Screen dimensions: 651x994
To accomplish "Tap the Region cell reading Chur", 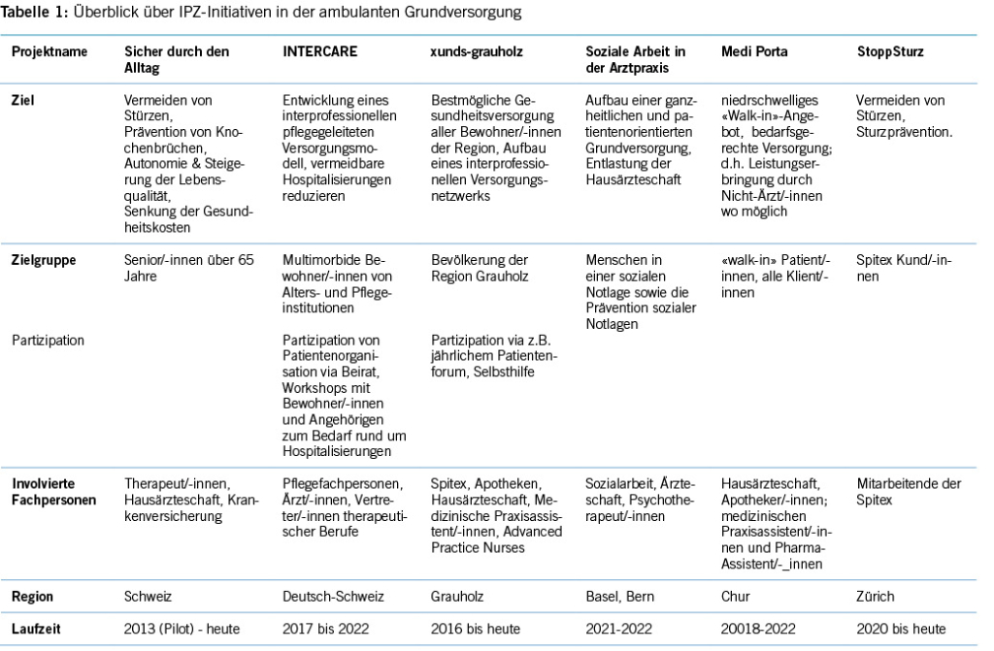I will pyautogui.click(x=736, y=596).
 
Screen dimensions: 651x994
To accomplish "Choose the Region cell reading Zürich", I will pyautogui.click(x=876, y=596).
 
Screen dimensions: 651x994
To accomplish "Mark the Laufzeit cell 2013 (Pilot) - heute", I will pyautogui.click(x=185, y=628).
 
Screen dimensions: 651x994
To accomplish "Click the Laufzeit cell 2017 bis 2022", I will pyautogui.click(x=325, y=628).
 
